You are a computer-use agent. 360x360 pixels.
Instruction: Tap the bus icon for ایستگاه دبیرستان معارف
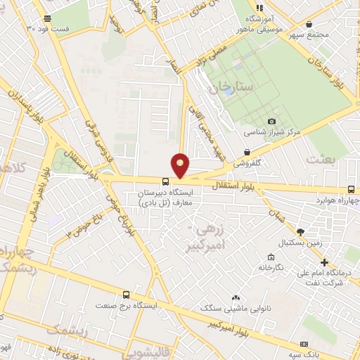click(165, 181)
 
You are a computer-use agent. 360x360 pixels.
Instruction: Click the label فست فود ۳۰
click(48, 28)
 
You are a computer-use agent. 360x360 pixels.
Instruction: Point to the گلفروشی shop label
click(247, 162)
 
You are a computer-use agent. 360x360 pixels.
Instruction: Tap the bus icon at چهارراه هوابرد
click(352, 189)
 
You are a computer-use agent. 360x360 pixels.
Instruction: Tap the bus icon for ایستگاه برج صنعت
click(126, 295)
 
